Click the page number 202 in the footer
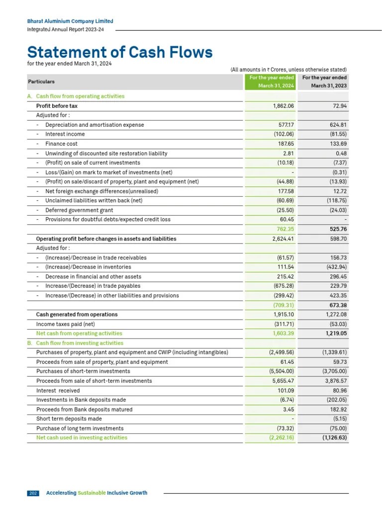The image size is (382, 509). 33,493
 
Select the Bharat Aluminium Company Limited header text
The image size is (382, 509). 70,21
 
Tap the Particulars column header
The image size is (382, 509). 41,82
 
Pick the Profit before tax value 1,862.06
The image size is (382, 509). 284,106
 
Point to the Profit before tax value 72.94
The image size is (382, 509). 338,106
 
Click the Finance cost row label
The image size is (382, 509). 62,144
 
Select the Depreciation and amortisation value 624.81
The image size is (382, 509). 336,125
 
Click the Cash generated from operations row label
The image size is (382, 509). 77,315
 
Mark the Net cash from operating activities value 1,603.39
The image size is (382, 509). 283,334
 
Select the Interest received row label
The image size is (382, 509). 58,391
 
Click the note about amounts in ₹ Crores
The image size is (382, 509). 288,70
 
